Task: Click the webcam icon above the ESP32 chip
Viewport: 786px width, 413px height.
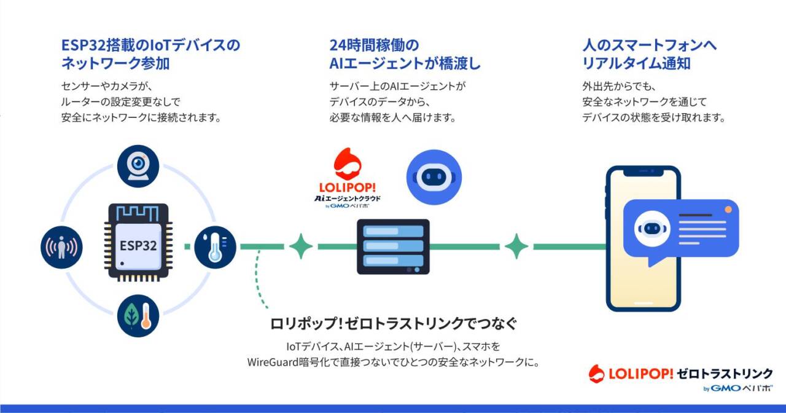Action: (138, 166)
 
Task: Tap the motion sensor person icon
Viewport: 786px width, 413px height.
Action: (62, 247)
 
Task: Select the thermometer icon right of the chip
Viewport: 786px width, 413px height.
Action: (215, 247)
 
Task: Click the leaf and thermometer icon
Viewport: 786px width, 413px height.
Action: (138, 316)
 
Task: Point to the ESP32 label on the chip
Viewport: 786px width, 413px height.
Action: (138, 246)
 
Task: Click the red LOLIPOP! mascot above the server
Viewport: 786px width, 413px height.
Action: (348, 163)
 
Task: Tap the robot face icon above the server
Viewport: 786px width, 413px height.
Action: (434, 178)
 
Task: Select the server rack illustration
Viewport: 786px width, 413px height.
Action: (394, 246)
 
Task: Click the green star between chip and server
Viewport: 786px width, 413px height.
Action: (301, 246)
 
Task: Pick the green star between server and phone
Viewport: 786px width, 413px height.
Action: (516, 246)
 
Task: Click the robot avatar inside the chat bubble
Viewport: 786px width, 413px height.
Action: (652, 229)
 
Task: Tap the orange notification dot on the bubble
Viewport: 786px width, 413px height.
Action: (728, 210)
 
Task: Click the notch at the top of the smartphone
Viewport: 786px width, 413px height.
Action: (644, 172)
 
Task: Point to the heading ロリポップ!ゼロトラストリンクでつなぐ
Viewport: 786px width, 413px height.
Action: (394, 323)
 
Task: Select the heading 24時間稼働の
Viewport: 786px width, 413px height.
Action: (374, 45)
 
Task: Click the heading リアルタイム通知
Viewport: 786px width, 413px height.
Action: (636, 63)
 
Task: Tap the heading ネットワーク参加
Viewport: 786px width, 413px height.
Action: (115, 63)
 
